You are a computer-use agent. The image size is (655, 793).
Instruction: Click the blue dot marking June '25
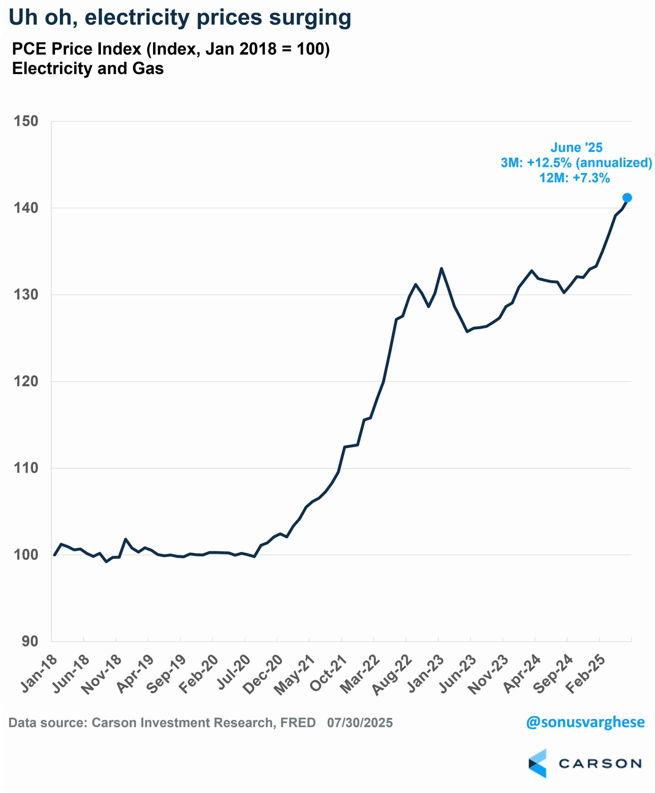pyautogui.click(x=627, y=198)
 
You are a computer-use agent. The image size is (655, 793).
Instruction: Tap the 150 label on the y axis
pyautogui.click(x=26, y=121)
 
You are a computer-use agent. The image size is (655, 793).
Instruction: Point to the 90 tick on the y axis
pyautogui.click(x=30, y=641)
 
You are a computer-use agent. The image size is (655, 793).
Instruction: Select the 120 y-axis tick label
pyautogui.click(x=26, y=381)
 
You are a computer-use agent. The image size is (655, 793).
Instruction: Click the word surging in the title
pyautogui.click(x=310, y=18)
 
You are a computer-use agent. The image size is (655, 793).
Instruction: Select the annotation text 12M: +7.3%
pyautogui.click(x=574, y=178)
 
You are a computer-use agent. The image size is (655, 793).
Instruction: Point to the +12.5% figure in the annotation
pyautogui.click(x=549, y=163)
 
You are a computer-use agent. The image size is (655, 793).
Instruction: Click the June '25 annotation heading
pyautogui.click(x=576, y=147)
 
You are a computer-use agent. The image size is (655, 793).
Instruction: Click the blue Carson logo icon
pyautogui.click(x=538, y=764)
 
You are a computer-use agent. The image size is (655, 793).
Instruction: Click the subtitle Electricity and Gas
pyautogui.click(x=88, y=69)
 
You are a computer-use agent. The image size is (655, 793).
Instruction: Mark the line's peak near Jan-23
pyautogui.click(x=441, y=269)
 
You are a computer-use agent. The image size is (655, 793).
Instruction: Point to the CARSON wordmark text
pyautogui.click(x=600, y=764)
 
